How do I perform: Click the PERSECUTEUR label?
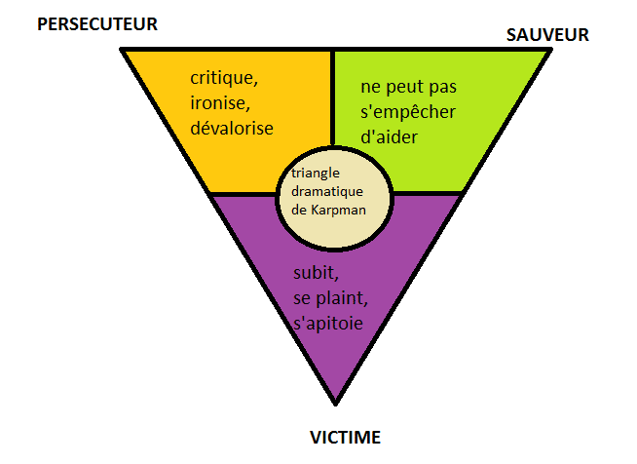(x=97, y=24)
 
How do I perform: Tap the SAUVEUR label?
(x=547, y=35)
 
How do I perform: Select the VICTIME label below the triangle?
(x=346, y=438)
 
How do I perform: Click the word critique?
(x=224, y=78)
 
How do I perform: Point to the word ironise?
(x=220, y=103)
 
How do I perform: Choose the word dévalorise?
(x=232, y=128)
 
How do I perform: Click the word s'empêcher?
(x=408, y=113)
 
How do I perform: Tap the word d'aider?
(x=389, y=137)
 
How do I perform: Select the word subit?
(x=316, y=273)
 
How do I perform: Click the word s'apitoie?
(x=328, y=324)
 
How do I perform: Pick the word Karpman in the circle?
(x=338, y=211)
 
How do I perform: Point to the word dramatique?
(x=327, y=191)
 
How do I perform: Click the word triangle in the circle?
(x=316, y=174)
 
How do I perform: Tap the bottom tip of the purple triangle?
(x=336, y=404)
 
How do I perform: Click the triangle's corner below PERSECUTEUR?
(x=122, y=49)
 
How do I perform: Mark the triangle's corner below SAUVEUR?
(x=550, y=49)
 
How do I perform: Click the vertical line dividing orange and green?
(x=332, y=98)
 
